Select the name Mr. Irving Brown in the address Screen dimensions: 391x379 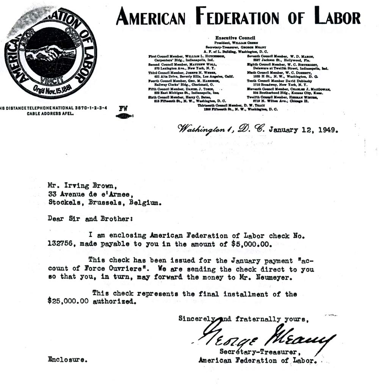point(78,185)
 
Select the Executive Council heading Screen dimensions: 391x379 point(235,38)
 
